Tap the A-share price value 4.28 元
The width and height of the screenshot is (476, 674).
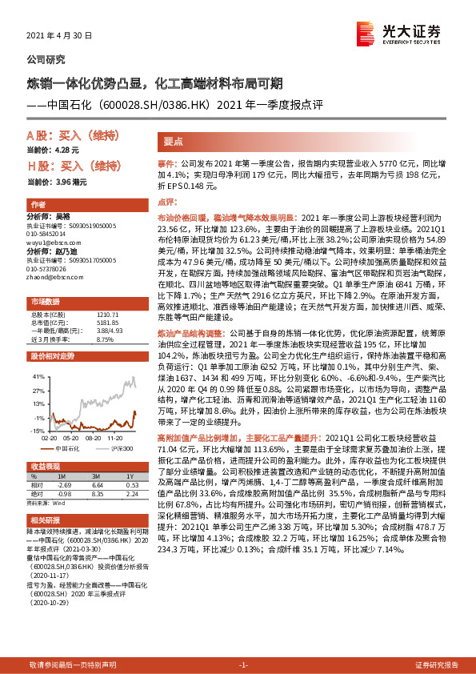pos(67,150)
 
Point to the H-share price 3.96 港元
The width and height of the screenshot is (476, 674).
pos(70,183)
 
